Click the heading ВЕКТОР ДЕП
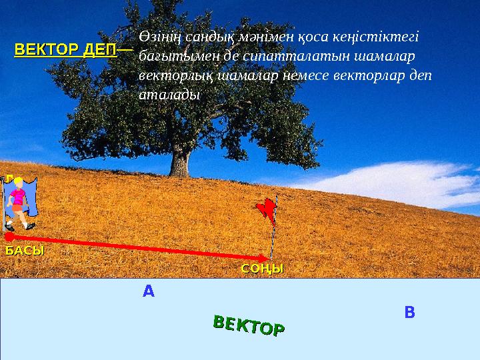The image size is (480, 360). tap(65, 50)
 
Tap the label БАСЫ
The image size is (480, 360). tap(25, 251)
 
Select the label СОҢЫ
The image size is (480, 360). tap(262, 269)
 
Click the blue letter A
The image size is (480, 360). tap(148, 291)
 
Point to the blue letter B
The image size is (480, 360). tap(410, 312)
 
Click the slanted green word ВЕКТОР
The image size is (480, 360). tap(249, 326)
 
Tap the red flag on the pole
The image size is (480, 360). tap(268, 209)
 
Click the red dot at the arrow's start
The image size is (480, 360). tap(9, 237)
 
